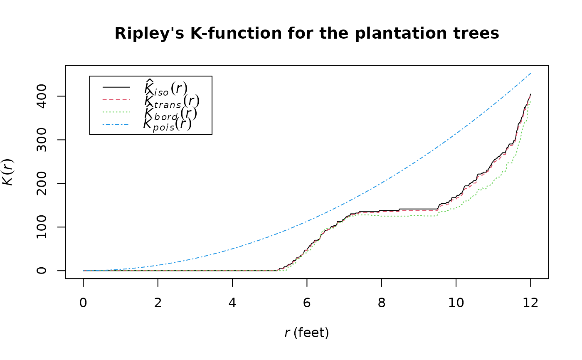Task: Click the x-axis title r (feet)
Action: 307,333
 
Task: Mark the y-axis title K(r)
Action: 9,172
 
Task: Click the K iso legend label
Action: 165,88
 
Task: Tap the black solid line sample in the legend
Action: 116,87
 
